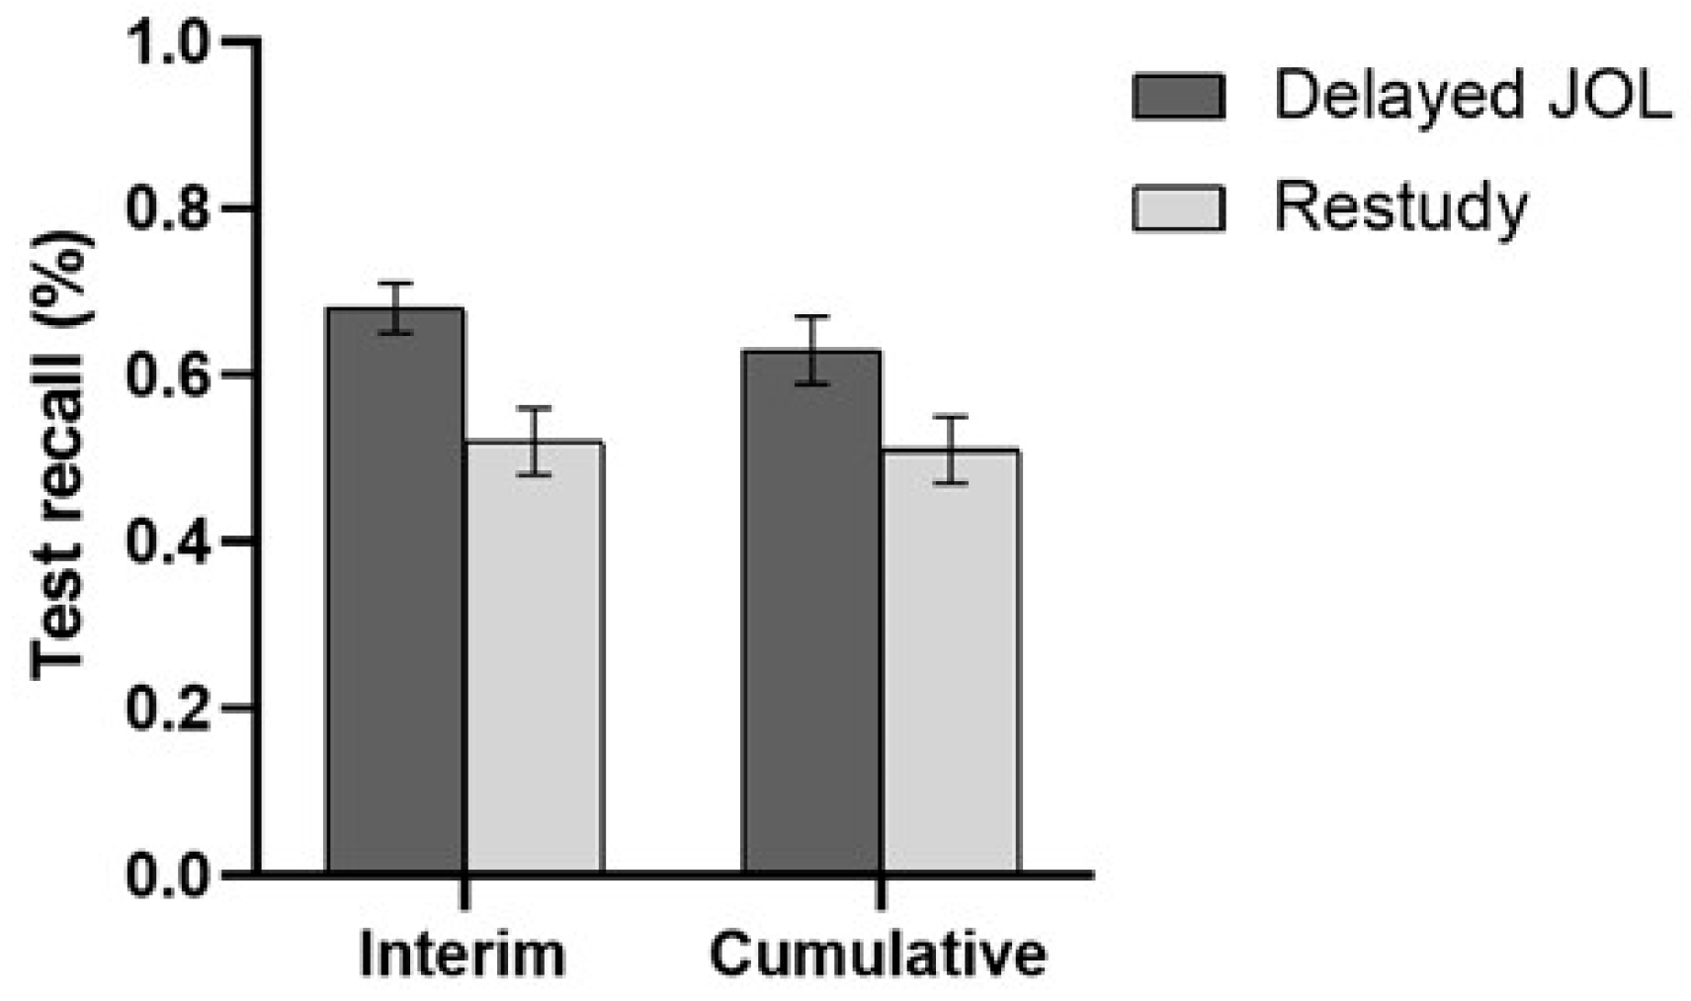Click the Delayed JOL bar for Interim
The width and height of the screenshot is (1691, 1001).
click(395, 593)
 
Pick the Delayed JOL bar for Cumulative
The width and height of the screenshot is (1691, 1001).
click(811, 613)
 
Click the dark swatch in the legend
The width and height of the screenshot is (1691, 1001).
click(1178, 97)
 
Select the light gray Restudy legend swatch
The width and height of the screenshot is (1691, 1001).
click(1178, 209)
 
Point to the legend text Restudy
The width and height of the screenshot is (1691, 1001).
click(1399, 209)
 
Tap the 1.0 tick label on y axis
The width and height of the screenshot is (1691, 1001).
click(168, 43)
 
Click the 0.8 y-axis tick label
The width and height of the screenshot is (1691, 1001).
click(168, 209)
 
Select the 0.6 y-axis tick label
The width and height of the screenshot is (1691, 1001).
click(168, 375)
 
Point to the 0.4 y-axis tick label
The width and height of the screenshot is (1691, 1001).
click(168, 542)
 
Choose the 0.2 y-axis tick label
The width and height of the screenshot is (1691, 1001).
click(168, 709)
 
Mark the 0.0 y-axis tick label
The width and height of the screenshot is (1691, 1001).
click(168, 876)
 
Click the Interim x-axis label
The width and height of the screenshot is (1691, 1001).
click(463, 955)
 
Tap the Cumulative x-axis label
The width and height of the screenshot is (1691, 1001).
click(878, 955)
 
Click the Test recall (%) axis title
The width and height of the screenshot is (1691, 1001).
click(61, 455)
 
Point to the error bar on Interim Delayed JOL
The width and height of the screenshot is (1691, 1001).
click(395, 307)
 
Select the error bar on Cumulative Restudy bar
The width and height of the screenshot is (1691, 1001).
click(950, 450)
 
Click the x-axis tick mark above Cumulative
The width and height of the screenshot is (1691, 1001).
click(881, 892)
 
